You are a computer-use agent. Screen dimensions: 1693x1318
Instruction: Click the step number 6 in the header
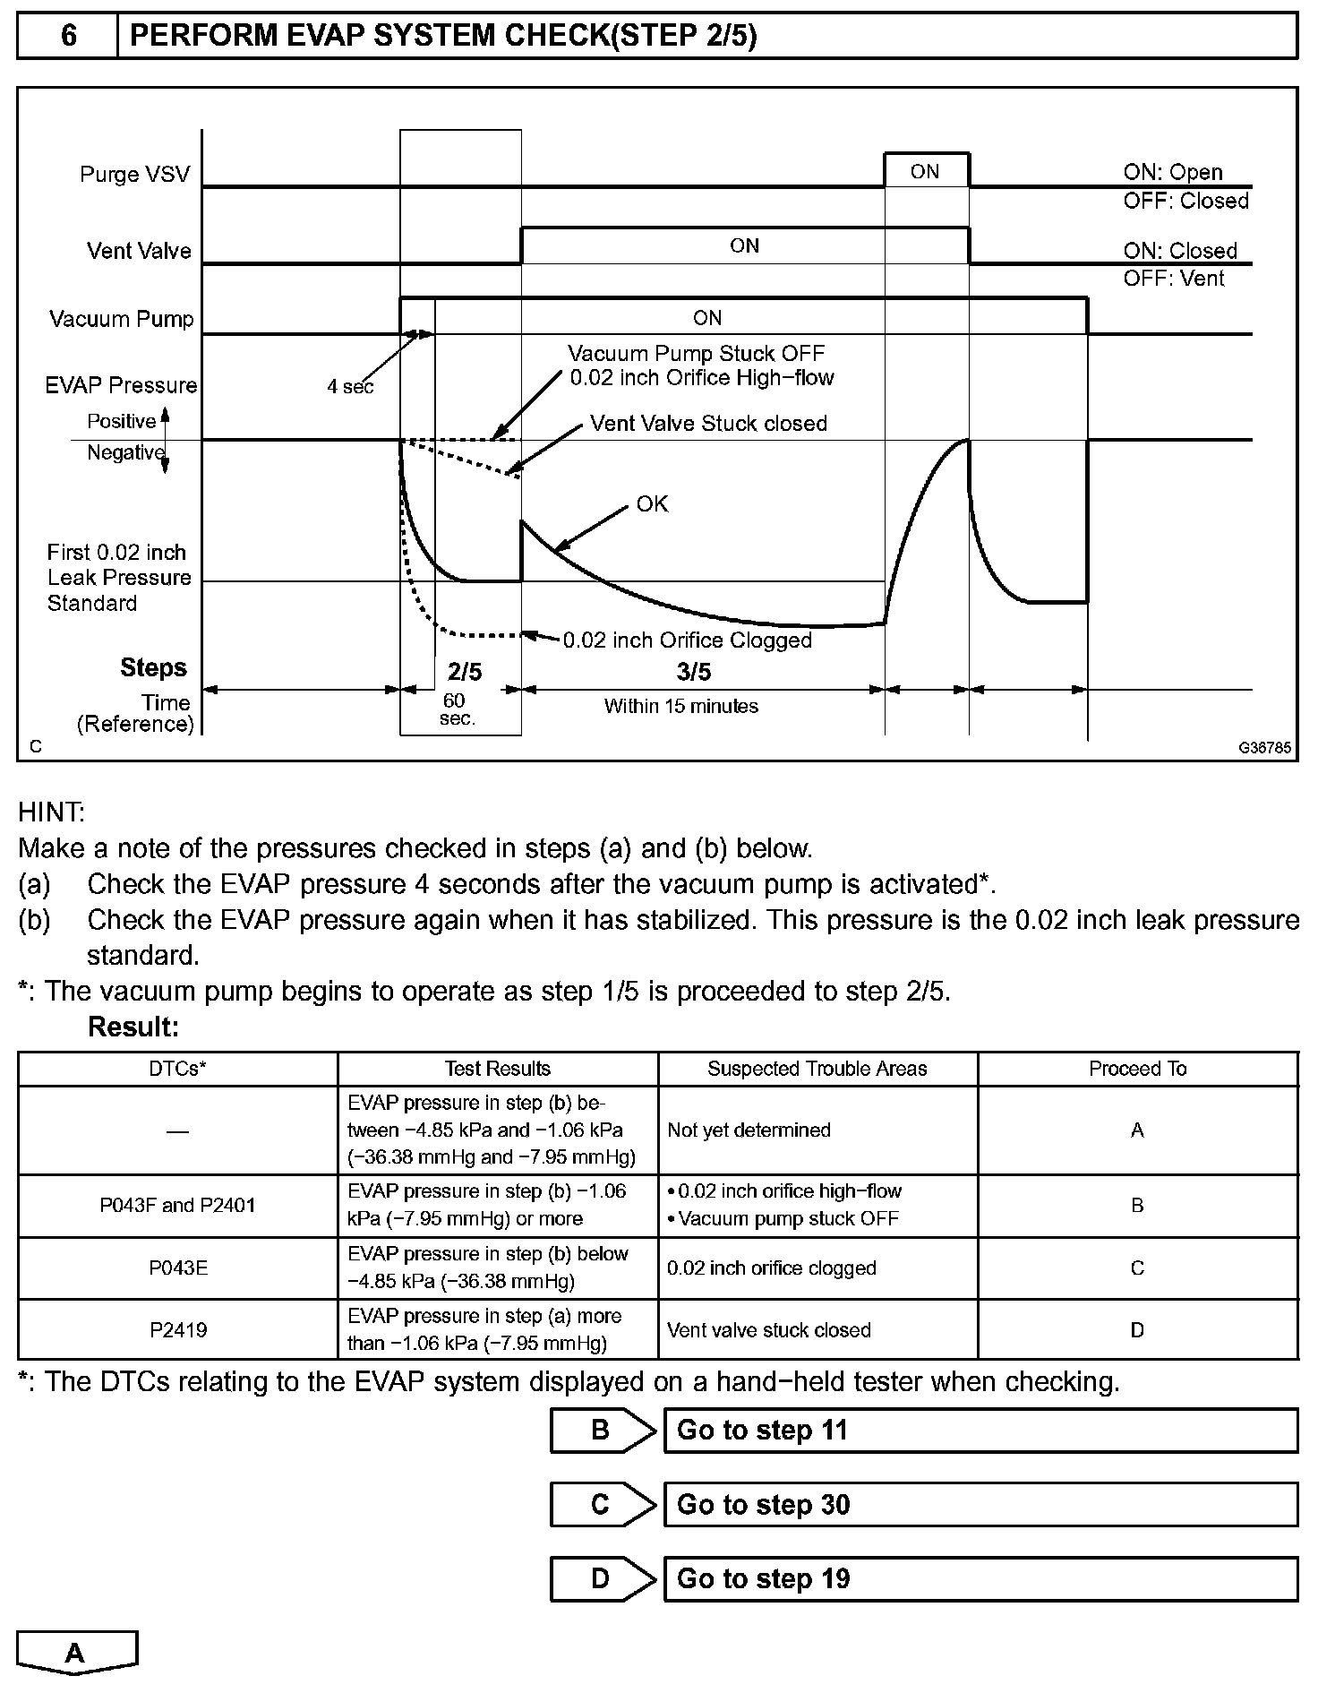[68, 35]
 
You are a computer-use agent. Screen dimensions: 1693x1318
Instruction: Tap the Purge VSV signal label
[135, 174]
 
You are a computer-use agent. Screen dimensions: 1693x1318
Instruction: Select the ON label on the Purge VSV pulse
[924, 171]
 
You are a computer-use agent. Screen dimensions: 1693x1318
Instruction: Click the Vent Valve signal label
[139, 251]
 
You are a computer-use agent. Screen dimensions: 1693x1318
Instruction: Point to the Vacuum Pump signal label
[122, 319]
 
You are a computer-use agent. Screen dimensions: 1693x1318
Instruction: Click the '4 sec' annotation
[350, 387]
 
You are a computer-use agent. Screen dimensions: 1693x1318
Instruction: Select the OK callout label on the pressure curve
[652, 504]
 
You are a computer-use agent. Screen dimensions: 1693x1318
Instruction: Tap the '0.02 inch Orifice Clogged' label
[687, 640]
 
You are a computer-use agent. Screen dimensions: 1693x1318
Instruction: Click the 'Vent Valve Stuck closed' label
[708, 424]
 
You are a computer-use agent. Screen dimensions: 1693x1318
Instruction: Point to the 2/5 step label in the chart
[464, 671]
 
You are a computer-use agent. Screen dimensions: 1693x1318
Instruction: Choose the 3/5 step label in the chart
[693, 671]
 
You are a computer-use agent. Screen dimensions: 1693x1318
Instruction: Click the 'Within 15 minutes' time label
[680, 706]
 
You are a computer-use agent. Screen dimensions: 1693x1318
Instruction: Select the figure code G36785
[1265, 747]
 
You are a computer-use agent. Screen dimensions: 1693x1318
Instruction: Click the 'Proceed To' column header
[1137, 1069]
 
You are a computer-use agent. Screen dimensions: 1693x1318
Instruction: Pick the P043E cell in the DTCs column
[178, 1268]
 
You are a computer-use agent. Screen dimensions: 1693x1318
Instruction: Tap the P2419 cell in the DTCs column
[178, 1329]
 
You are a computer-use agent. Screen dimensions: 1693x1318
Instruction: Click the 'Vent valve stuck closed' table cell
[769, 1329]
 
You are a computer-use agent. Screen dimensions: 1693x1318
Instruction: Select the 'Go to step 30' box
[980, 1504]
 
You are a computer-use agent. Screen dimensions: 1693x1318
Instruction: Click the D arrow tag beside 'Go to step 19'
[602, 1578]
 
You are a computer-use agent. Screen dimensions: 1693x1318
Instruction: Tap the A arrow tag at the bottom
[76, 1653]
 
